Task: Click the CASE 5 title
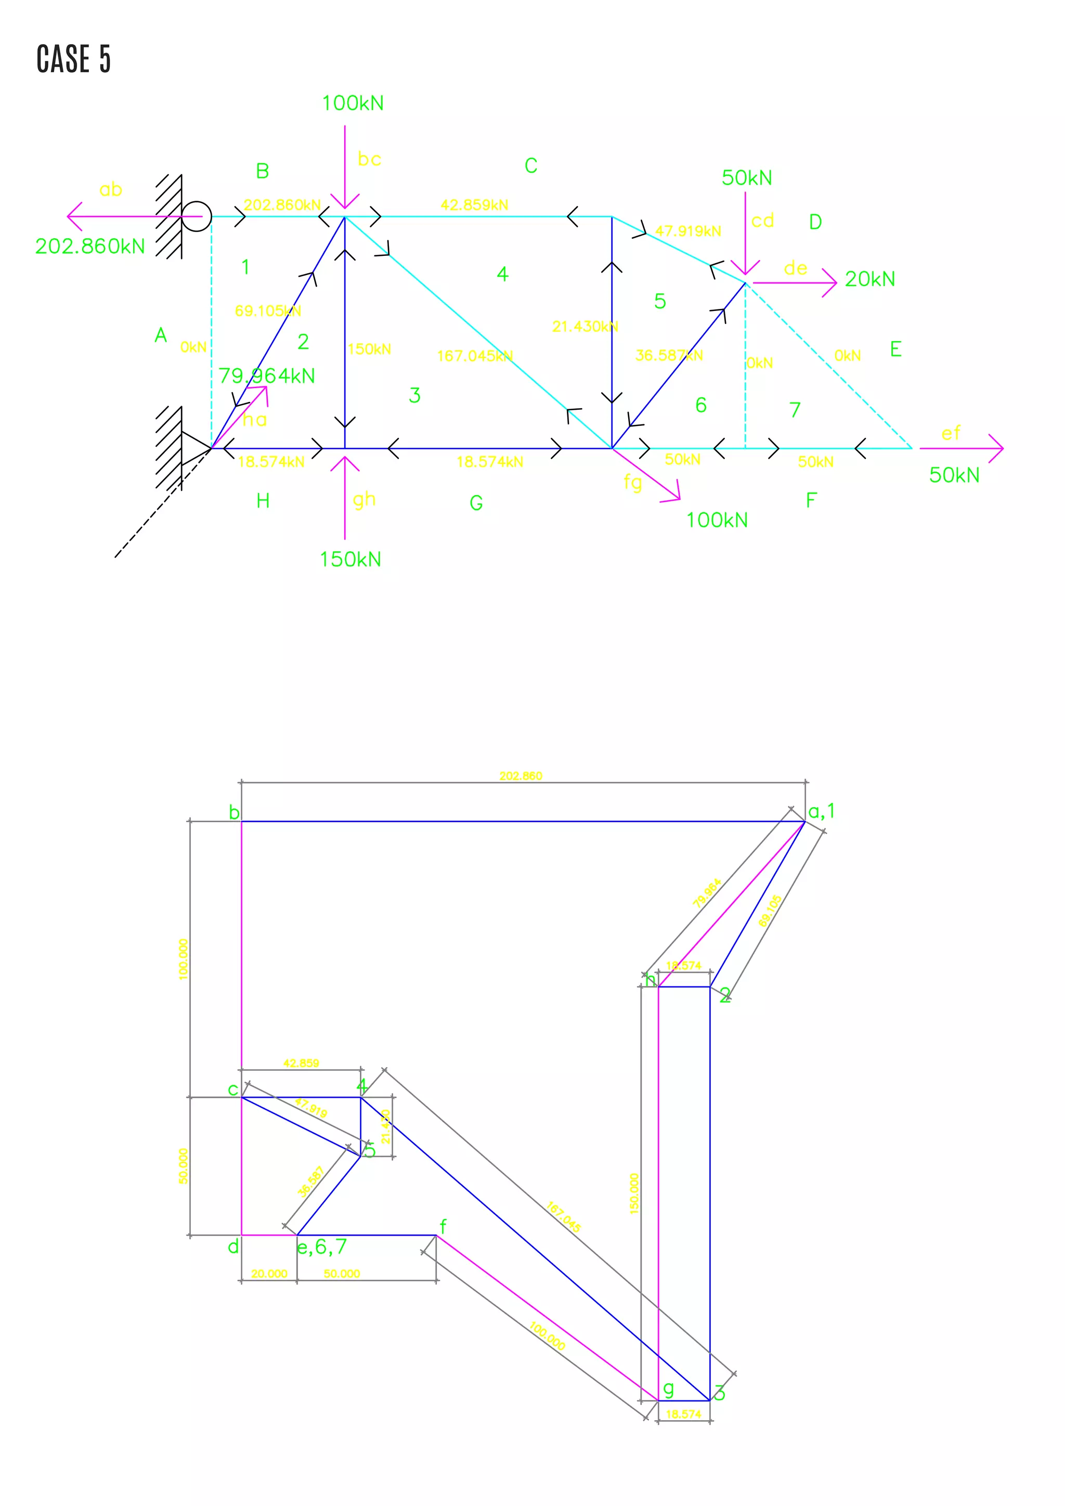73,59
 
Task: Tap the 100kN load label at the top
352,103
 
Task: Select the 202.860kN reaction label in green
90,246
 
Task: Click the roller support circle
196,216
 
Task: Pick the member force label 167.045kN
475,356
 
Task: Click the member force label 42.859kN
474,205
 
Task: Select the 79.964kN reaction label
266,376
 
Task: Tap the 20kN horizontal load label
869,279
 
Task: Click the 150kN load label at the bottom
350,560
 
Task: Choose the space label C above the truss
530,166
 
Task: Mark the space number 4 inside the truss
502,274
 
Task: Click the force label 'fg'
633,483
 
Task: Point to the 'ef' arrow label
950,434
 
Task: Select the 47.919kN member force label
688,231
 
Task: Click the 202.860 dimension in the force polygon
521,776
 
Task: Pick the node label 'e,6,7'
321,1247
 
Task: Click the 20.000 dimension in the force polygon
269,1274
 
